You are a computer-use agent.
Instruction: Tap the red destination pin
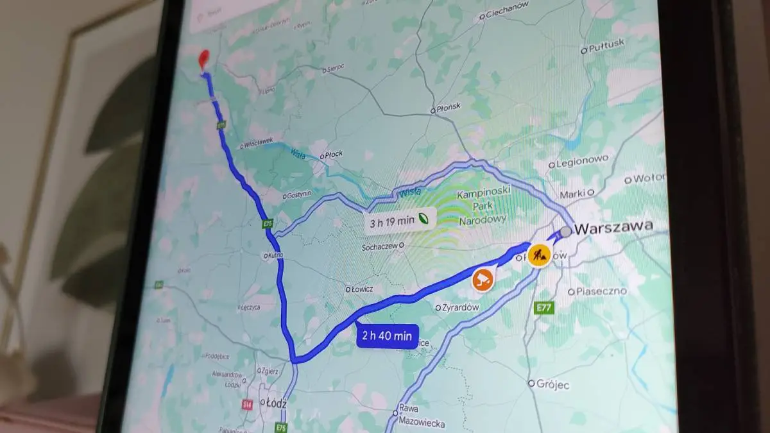coord(205,59)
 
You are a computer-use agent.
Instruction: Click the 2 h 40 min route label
coord(387,335)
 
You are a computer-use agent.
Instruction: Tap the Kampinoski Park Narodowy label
coord(482,207)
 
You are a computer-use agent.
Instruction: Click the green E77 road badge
coord(543,309)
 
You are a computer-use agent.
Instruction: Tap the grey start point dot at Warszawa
coord(565,231)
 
